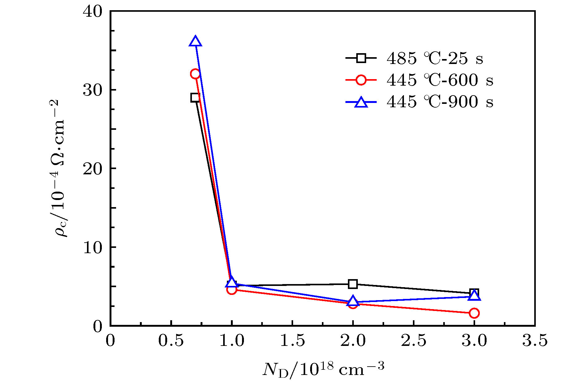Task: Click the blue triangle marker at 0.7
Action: pyautogui.click(x=195, y=41)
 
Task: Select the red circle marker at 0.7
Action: pyautogui.click(x=195, y=74)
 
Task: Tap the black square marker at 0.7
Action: pyautogui.click(x=195, y=98)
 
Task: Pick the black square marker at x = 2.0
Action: pyautogui.click(x=353, y=284)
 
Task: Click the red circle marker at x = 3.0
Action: pyautogui.click(x=474, y=313)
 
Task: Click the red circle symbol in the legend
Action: pyautogui.click(x=361, y=80)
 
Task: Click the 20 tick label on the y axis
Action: pyautogui.click(x=92, y=169)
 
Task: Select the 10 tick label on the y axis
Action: pyautogui.click(x=92, y=248)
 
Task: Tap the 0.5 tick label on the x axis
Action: pyautogui.click(x=171, y=341)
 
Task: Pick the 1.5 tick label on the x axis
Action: pyautogui.click(x=292, y=341)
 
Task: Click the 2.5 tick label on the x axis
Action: pyautogui.click(x=414, y=341)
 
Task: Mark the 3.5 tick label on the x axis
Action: pyautogui.click(x=535, y=341)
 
